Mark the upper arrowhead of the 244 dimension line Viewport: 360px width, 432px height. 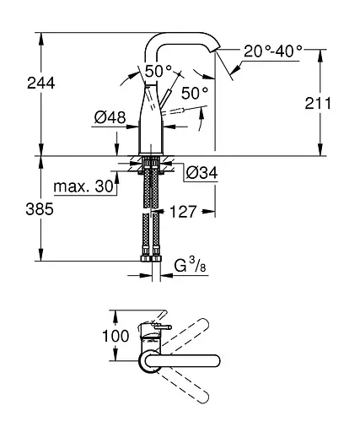[x=40, y=37]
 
